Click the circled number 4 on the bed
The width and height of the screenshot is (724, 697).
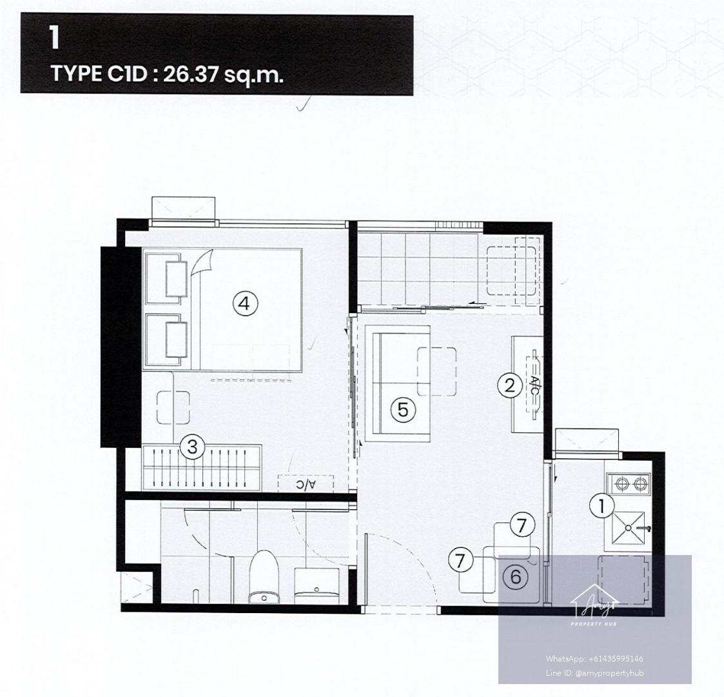245,304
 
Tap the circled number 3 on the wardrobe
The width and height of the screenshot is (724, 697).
192,447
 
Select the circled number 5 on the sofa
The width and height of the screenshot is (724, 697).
403,410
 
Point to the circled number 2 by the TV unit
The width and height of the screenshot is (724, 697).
509,385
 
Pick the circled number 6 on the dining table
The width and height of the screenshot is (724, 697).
515,576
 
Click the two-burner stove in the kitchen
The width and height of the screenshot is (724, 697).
629,484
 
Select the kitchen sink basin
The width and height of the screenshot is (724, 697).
628,527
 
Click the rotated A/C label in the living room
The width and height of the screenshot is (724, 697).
534,386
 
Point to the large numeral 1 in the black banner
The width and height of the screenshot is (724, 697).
55,37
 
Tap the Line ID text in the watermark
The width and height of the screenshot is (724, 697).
594,673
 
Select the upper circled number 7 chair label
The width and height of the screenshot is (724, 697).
522,525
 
